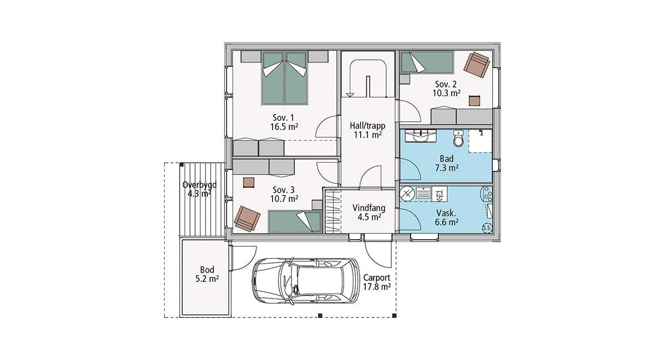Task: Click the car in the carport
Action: point(306,281)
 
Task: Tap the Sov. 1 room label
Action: point(283,117)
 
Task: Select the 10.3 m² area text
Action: point(446,93)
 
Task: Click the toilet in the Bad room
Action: point(458,138)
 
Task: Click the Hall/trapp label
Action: point(367,126)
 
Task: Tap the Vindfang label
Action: point(369,208)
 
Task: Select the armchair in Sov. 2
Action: point(477,65)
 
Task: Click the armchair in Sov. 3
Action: point(247,219)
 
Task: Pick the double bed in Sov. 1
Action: point(284,78)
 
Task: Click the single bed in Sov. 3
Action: point(295,222)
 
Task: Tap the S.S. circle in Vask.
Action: point(487,228)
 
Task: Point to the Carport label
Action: point(377,278)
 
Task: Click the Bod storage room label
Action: point(207,270)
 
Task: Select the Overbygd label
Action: point(199,185)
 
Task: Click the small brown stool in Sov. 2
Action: point(474,101)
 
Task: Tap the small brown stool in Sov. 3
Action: point(248,182)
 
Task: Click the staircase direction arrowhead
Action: point(350,95)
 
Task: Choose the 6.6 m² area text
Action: point(447,222)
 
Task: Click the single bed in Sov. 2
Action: point(427,63)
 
